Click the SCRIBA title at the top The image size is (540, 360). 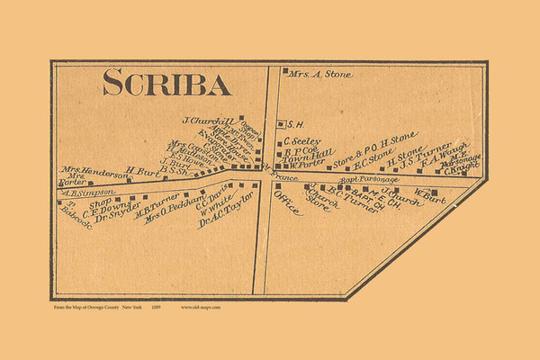click(166, 83)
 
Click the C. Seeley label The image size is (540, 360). click(301, 140)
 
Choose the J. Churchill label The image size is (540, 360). click(208, 121)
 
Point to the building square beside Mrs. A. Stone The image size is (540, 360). click(285, 71)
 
